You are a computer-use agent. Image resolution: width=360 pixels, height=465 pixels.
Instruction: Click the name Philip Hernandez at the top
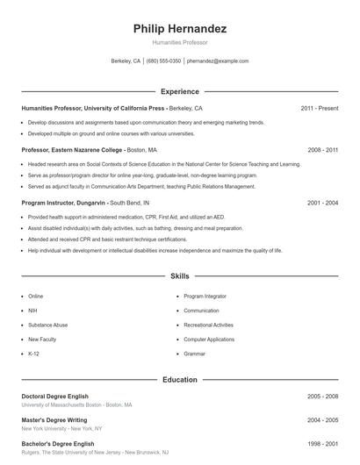[180, 29]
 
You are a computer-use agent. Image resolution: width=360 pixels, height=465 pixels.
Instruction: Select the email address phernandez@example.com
[218, 61]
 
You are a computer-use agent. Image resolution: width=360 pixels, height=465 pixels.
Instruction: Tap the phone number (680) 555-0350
[163, 61]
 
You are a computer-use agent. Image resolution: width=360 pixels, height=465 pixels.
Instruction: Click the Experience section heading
[180, 91]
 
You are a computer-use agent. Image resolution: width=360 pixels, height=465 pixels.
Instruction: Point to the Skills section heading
[180, 276]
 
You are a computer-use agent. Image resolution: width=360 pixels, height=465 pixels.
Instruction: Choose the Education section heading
[180, 380]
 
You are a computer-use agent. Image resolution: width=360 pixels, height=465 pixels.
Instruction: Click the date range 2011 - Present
[319, 108]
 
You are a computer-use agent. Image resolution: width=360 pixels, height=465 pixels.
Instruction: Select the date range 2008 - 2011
[322, 150]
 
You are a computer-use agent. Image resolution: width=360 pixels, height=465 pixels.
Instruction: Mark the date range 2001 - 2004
[322, 203]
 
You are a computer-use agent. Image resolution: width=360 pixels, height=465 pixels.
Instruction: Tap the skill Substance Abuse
[47, 325]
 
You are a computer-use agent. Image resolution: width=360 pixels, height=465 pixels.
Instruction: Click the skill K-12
[34, 353]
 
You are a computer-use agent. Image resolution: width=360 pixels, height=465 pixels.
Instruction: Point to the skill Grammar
[195, 353]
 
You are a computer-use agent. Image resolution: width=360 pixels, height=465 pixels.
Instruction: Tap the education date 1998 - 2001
[322, 444]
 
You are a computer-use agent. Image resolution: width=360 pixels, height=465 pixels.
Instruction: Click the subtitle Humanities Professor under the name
[180, 43]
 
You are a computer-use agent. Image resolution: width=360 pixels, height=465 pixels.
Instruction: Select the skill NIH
[33, 311]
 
